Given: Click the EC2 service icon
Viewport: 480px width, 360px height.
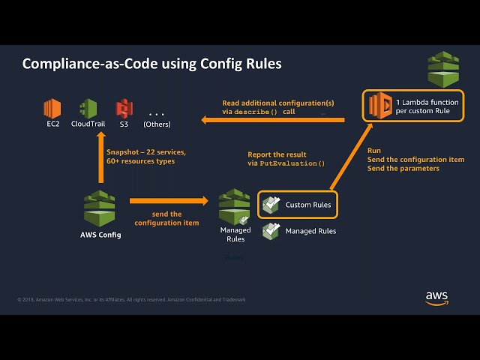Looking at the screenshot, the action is (x=52, y=108).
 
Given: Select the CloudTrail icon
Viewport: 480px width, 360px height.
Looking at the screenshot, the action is (x=88, y=108).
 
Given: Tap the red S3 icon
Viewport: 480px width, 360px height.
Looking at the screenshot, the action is (x=124, y=108).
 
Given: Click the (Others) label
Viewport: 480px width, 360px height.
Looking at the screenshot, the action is (x=157, y=124).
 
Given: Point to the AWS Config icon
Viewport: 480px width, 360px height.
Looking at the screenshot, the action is (x=100, y=208).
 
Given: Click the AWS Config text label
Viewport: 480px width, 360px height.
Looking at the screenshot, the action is (x=100, y=235).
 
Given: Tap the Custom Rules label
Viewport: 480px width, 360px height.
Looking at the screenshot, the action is (x=307, y=205).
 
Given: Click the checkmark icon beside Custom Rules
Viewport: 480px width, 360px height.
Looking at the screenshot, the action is (x=271, y=204).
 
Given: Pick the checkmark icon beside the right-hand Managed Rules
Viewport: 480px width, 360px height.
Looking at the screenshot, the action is (x=271, y=231).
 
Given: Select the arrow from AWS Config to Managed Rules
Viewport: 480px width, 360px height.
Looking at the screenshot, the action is (x=169, y=201).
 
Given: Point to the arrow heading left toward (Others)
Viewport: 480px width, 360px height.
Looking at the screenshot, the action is (x=270, y=119).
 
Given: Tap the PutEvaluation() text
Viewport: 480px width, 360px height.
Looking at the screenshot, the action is (x=292, y=163).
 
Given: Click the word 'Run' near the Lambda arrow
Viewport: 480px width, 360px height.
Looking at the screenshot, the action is (x=374, y=150).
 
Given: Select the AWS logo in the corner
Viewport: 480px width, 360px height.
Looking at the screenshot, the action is (x=436, y=298).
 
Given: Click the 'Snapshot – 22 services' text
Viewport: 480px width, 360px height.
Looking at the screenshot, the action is (x=145, y=151).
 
